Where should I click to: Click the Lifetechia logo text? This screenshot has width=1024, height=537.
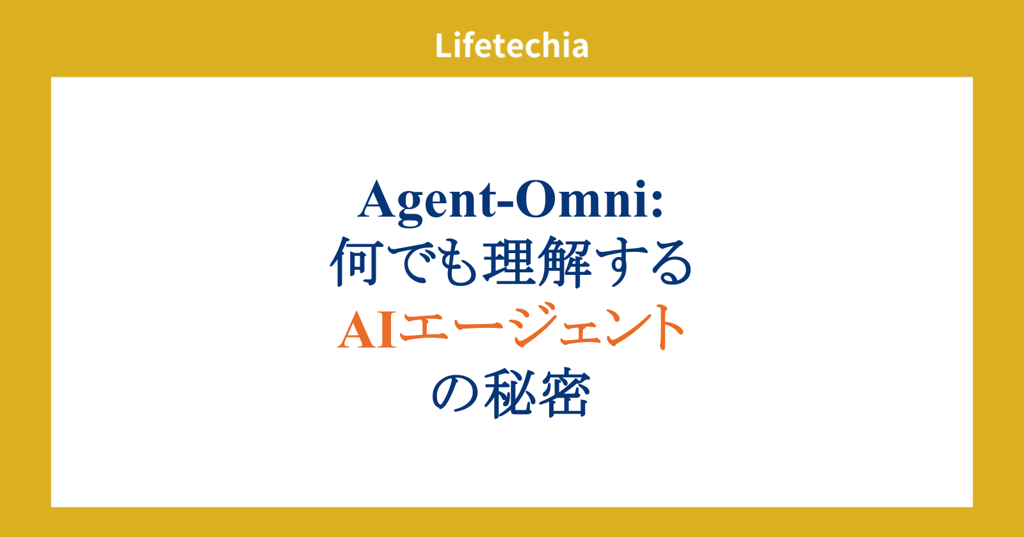click(511, 45)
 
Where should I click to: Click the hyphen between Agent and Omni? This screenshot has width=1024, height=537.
click(506, 205)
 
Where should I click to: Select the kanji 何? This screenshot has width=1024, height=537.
click(355, 261)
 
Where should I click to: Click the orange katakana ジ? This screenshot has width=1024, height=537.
click(533, 325)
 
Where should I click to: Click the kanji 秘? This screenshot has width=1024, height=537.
click(509, 393)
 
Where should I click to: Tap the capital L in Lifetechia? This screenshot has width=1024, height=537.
click(444, 45)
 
